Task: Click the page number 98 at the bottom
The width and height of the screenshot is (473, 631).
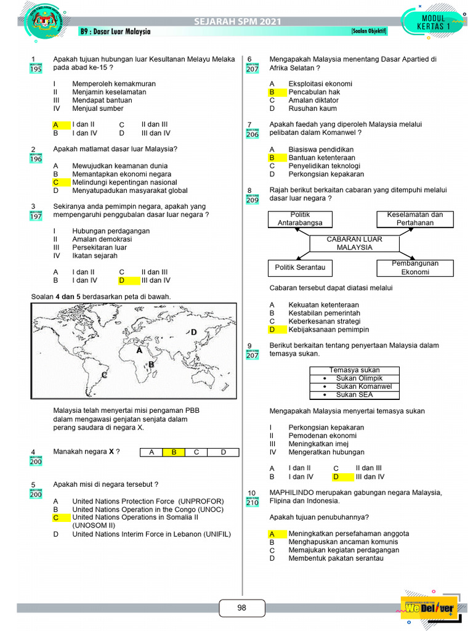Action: (x=241, y=608)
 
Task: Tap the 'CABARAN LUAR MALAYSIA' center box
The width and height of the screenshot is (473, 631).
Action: (x=354, y=243)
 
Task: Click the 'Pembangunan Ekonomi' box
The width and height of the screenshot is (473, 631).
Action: (x=414, y=267)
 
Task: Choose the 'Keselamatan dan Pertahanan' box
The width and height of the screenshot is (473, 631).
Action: (x=414, y=219)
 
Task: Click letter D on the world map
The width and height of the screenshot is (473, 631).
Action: (x=193, y=332)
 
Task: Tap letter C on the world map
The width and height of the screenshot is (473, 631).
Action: (x=104, y=375)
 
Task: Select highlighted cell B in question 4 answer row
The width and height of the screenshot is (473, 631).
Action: (x=174, y=452)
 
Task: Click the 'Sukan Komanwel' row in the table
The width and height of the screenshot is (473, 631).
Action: (x=354, y=386)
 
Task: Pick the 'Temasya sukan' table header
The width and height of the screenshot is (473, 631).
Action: (x=354, y=370)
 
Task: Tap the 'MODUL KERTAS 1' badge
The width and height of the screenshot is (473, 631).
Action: (x=433, y=23)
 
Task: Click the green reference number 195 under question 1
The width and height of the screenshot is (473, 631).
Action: (x=36, y=69)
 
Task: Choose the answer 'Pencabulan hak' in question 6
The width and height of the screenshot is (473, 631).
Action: (x=314, y=92)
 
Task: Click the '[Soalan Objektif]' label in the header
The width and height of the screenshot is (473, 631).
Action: (x=369, y=31)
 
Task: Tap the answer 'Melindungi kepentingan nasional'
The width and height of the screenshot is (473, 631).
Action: (x=124, y=182)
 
